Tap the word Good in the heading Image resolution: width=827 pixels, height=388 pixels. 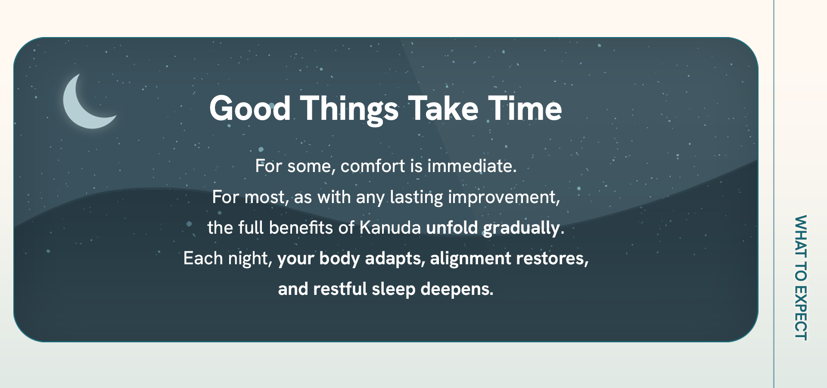coord(250,108)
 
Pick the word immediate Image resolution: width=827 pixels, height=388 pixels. coord(472,166)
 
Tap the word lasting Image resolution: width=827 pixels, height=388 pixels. coord(417,197)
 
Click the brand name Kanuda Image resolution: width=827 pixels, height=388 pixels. coord(390,228)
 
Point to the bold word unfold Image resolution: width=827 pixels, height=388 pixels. coord(452,228)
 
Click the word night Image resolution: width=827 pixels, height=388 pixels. coord(250,259)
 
